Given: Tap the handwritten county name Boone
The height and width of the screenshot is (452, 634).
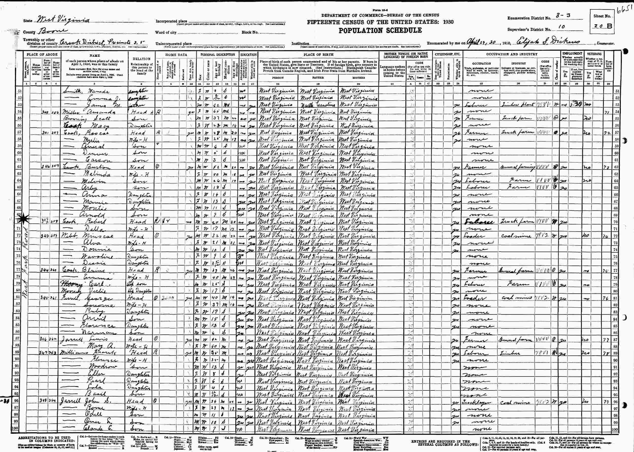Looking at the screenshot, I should click(x=53, y=31).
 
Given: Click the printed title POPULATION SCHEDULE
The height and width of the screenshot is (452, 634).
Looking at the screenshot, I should click(x=380, y=30).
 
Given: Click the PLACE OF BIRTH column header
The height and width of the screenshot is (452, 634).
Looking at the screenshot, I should click(x=318, y=54).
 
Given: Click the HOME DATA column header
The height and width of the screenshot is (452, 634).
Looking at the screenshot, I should click(x=176, y=55).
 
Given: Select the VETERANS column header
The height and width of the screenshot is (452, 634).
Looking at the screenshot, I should click(x=594, y=54).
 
